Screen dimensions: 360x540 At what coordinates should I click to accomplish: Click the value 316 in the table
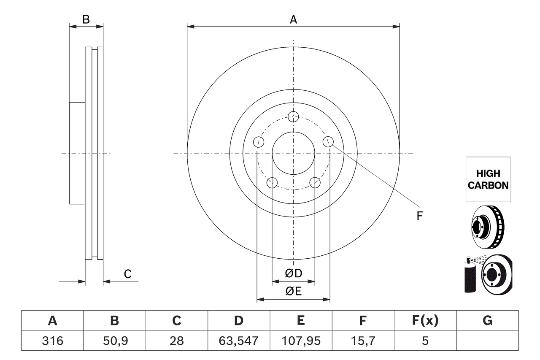(x=53, y=341)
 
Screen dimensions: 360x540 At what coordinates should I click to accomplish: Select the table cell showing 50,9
(x=115, y=341)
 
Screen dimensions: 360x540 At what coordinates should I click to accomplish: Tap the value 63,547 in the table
(x=239, y=341)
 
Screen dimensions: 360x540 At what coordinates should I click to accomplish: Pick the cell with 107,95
(x=301, y=341)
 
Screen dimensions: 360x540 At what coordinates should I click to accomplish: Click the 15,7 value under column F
(x=363, y=341)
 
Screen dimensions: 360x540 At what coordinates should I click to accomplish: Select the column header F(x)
(x=425, y=321)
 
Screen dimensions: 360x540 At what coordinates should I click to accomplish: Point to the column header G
(x=487, y=321)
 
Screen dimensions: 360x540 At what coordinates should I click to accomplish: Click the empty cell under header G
(x=487, y=341)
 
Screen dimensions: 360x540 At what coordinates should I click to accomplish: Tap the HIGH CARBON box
(x=488, y=179)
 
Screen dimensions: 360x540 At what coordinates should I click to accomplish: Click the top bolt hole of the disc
(x=293, y=116)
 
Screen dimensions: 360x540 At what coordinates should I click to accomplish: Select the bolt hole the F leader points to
(x=328, y=142)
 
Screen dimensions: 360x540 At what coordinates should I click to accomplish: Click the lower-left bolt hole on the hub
(x=272, y=183)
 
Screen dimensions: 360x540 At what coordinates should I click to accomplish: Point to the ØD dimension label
(x=294, y=273)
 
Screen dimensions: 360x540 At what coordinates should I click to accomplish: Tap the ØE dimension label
(x=294, y=291)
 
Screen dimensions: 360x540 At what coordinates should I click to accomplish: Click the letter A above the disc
(x=293, y=19)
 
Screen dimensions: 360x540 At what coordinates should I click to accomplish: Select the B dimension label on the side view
(x=86, y=19)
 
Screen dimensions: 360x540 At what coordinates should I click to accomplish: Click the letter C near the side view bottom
(x=128, y=274)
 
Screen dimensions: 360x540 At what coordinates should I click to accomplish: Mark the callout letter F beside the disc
(x=419, y=216)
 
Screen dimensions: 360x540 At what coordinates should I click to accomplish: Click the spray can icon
(x=470, y=276)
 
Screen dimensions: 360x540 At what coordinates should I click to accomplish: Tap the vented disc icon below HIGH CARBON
(x=488, y=227)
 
